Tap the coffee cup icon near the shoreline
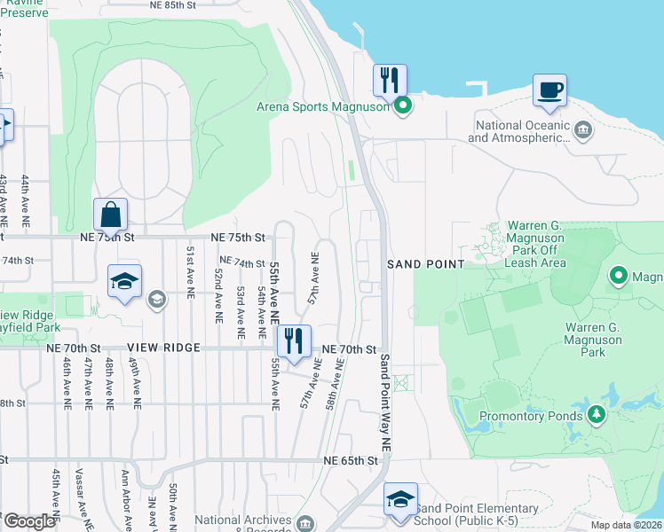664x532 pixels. pyautogui.click(x=549, y=90)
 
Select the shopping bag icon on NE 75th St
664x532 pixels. pyautogui.click(x=110, y=215)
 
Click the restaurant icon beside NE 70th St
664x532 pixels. pyautogui.click(x=293, y=340)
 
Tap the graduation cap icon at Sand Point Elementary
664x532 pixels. pyautogui.click(x=400, y=499)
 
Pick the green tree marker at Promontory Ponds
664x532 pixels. pyautogui.click(x=597, y=414)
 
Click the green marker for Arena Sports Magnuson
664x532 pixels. pyautogui.click(x=402, y=107)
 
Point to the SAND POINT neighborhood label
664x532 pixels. pyautogui.click(x=426, y=264)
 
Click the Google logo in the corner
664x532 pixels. pyautogui.click(x=28, y=521)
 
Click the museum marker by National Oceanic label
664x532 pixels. pyautogui.click(x=583, y=131)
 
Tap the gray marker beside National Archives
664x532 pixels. pyautogui.click(x=306, y=522)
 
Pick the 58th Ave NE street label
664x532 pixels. pyautogui.click(x=334, y=383)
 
